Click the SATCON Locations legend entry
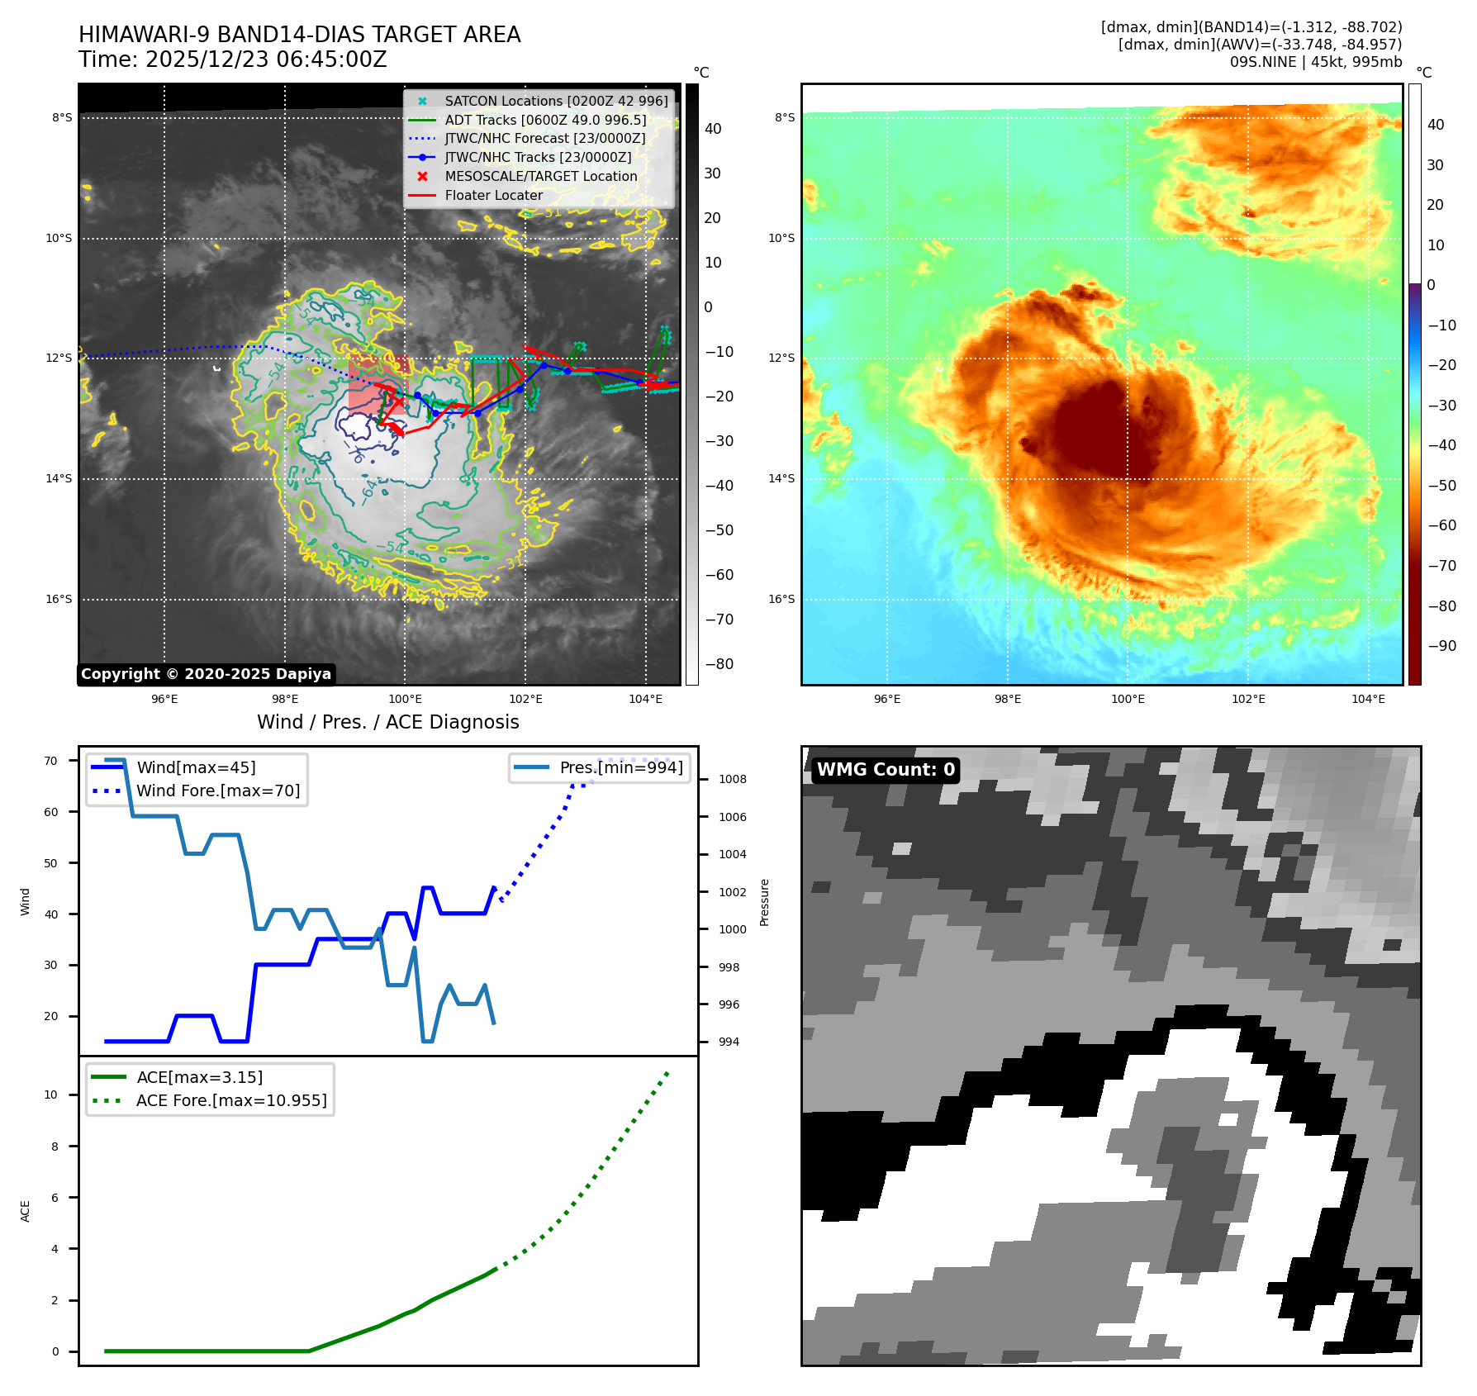pos(556,101)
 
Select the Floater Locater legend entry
pos(493,196)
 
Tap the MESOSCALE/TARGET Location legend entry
pos(540,177)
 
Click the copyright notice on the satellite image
pos(206,674)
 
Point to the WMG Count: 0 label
pos(885,770)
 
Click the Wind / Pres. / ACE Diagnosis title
pos(387,722)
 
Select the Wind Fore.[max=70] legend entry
pos(218,791)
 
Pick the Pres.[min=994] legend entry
pos(620,767)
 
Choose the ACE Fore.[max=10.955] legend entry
pos(231,1100)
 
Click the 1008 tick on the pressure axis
pos(732,779)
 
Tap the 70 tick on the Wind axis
pos(51,761)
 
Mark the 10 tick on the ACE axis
pos(51,1095)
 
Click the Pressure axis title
pos(764,902)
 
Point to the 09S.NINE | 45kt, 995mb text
pos(1315,62)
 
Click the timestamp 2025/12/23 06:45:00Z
pos(266,60)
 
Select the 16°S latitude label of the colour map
pos(781,600)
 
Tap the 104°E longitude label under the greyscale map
pos(645,699)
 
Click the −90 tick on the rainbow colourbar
pos(1442,646)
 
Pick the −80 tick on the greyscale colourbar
pos(719,664)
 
